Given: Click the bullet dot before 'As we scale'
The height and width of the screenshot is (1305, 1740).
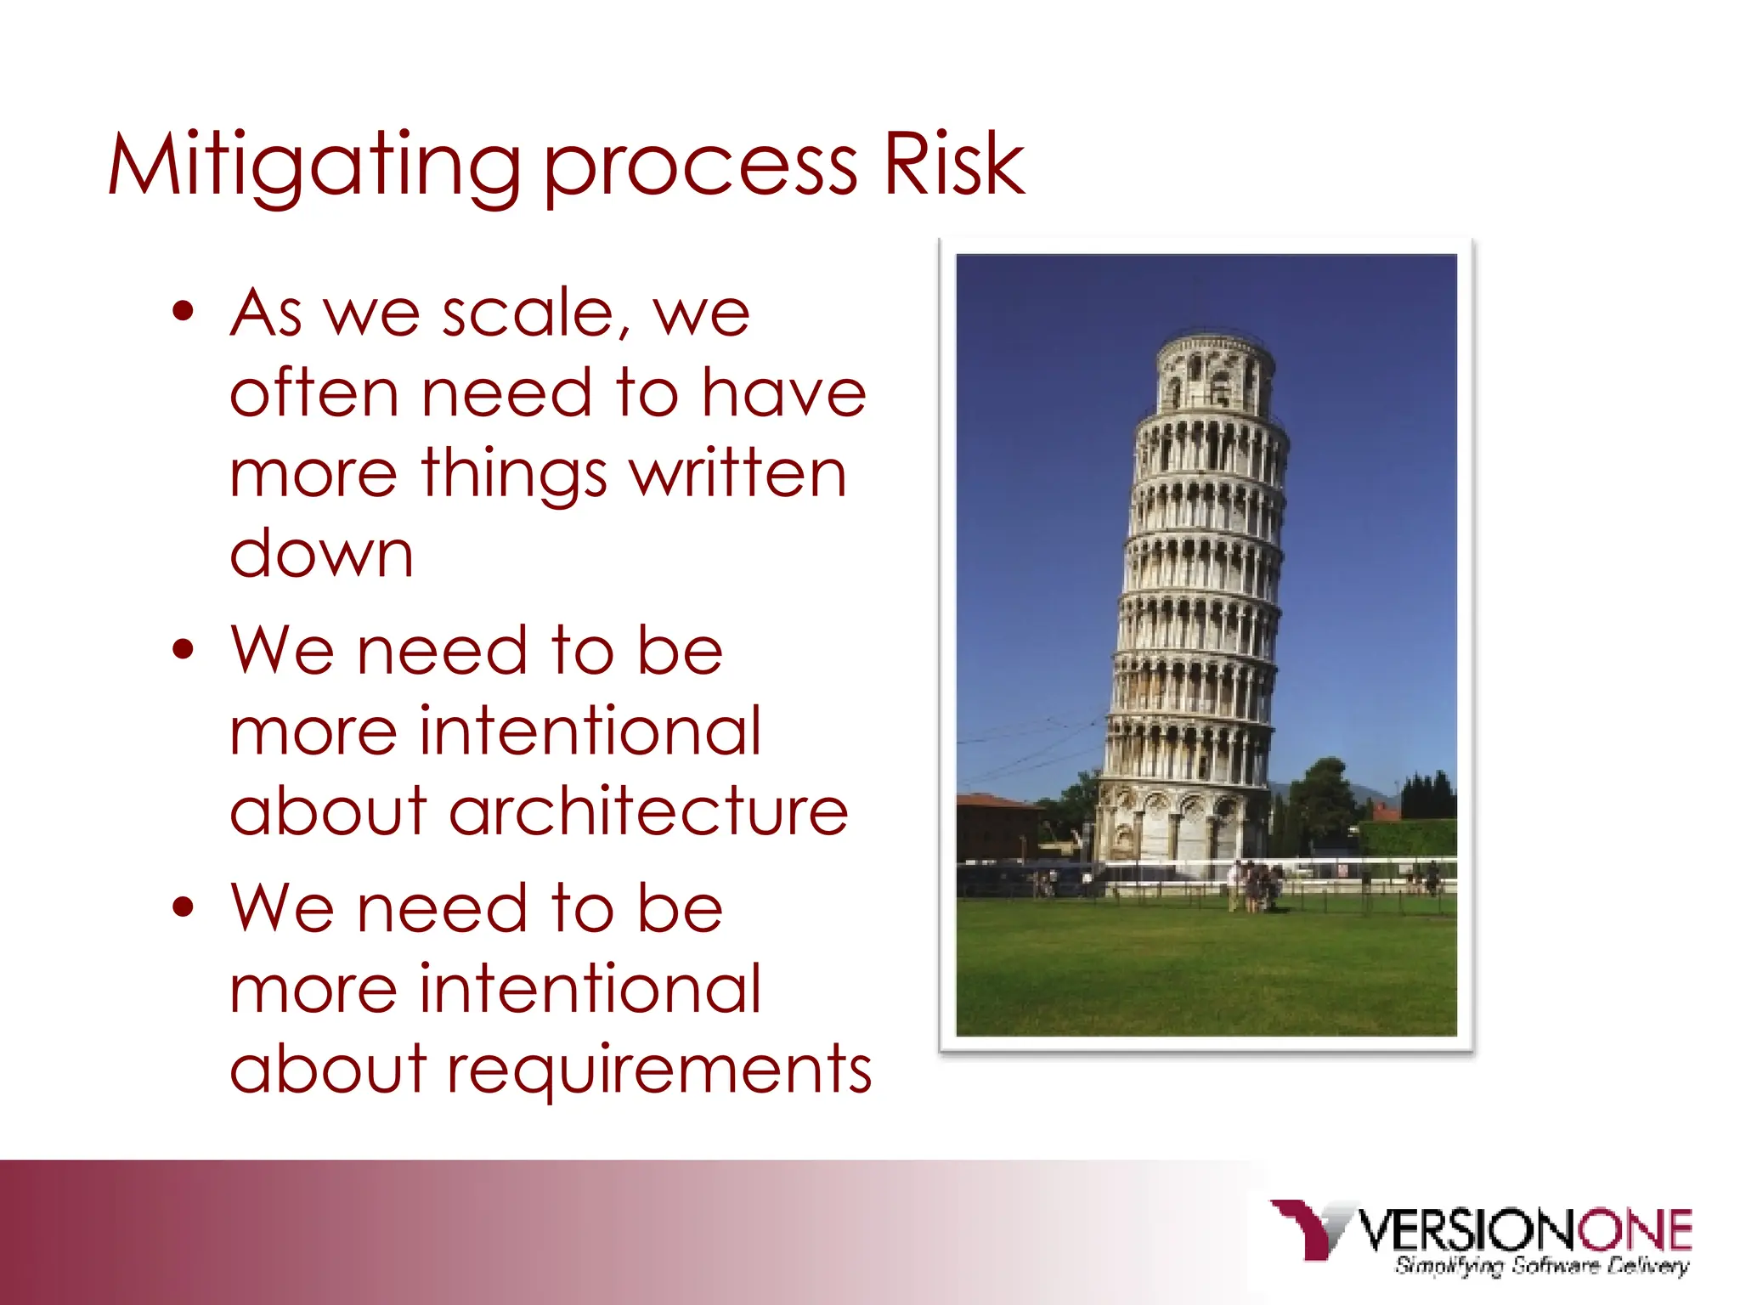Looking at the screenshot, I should (x=183, y=311).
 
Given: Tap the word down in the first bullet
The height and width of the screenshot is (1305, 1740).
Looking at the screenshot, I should (x=321, y=554).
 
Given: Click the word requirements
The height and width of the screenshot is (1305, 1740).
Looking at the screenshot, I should (x=659, y=1069).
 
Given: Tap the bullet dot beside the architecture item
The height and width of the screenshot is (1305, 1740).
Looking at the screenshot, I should (x=183, y=650).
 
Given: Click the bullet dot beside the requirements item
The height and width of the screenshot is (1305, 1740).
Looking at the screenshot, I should (x=183, y=907).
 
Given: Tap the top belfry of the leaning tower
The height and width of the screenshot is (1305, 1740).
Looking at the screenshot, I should (x=1213, y=374).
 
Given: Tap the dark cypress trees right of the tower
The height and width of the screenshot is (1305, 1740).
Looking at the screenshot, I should (x=1427, y=794).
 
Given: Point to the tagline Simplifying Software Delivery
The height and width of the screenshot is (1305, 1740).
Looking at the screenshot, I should (x=1541, y=1266).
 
